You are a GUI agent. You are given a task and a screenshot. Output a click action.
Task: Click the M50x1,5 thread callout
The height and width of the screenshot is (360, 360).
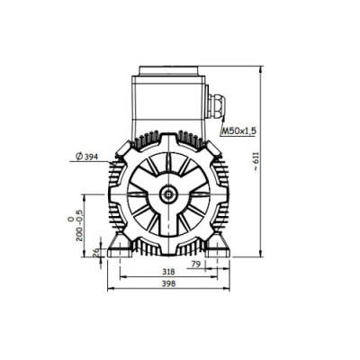pos(239,130)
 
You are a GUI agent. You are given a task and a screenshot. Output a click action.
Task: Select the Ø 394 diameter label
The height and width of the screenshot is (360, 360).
pos(87,157)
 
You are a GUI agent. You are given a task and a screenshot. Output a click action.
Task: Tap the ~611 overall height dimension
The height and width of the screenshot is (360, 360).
pos(256,161)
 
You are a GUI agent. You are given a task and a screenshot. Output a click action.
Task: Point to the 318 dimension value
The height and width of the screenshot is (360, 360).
pos(168,272)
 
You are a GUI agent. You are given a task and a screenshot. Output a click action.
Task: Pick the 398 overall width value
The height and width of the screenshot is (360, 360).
pos(168,283)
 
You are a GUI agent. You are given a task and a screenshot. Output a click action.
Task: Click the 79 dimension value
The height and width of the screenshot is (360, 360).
pos(195,264)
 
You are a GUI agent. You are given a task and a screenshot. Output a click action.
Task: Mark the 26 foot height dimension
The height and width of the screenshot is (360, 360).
pos(96,253)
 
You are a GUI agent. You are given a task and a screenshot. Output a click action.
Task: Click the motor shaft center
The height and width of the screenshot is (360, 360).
pos(168,194)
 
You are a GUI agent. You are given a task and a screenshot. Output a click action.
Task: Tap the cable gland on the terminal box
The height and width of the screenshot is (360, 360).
pos(218,105)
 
